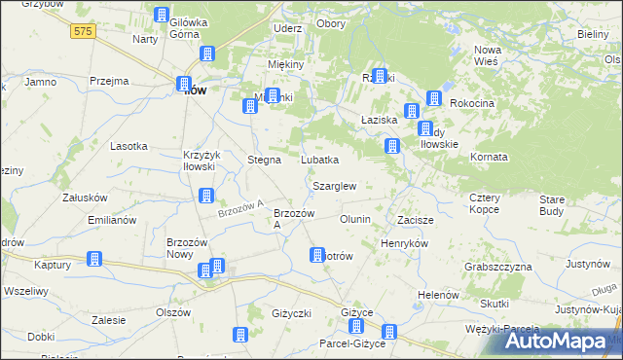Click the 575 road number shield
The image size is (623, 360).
(84, 32)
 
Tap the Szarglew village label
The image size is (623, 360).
(334, 185)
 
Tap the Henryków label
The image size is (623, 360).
(405, 242)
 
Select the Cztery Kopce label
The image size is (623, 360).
(484, 203)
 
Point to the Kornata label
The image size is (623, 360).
(489, 157)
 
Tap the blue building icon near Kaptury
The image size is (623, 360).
(94, 259)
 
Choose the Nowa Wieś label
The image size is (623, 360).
(486, 54)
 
